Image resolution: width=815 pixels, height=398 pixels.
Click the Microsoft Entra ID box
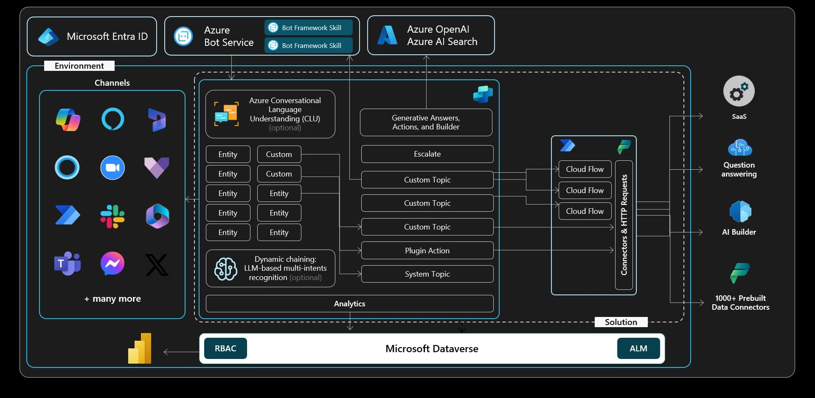pyautogui.click(x=92, y=36)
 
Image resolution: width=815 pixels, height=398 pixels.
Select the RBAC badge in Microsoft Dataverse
pyautogui.click(x=225, y=348)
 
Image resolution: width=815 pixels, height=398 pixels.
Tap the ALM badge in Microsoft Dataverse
pyautogui.click(x=638, y=348)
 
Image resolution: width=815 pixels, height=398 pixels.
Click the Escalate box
pyautogui.click(x=427, y=154)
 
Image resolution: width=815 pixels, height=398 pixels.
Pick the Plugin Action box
pyautogui.click(x=427, y=250)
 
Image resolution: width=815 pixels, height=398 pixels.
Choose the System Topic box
pyautogui.click(x=427, y=274)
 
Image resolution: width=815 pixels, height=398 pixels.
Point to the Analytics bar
pyautogui.click(x=349, y=304)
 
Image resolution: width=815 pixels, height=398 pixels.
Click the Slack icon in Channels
pyautogui.click(x=112, y=216)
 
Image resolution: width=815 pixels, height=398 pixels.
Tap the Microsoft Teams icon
pyautogui.click(x=67, y=263)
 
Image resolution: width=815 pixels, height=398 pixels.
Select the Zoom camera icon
pyautogui.click(x=112, y=168)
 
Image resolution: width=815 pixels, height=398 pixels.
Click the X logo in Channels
pyautogui.click(x=157, y=265)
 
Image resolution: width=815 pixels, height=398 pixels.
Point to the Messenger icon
pyautogui.click(x=112, y=263)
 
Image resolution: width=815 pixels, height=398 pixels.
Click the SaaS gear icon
pyautogui.click(x=739, y=91)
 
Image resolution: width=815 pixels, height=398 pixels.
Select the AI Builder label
pyautogui.click(x=739, y=232)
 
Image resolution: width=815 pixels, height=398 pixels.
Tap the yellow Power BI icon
pyautogui.click(x=140, y=348)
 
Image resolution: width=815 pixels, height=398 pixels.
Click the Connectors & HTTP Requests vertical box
pyautogui.click(x=624, y=225)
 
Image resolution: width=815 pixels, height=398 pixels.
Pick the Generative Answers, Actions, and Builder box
pyautogui.click(x=426, y=123)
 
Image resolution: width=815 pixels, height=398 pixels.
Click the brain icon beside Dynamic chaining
pyautogui.click(x=225, y=269)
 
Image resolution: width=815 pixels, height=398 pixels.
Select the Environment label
pyautogui.click(x=79, y=66)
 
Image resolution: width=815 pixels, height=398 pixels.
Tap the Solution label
pyautogui.click(x=621, y=322)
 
